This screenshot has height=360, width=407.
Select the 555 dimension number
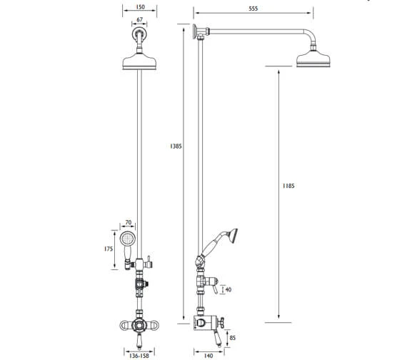click(x=253, y=9)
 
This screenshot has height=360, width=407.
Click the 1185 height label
click(x=288, y=186)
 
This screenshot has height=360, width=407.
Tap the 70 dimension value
click(x=129, y=223)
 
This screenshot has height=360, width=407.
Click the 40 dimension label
click(x=228, y=289)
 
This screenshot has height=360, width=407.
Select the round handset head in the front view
click(x=129, y=239)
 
